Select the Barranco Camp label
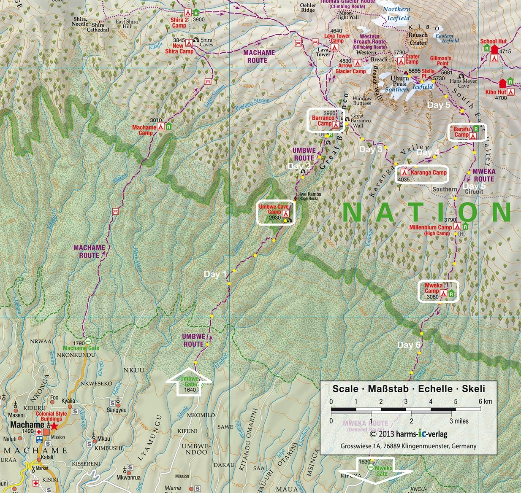323,121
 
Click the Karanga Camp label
428,172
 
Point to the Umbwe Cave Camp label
274,209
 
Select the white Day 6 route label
408,345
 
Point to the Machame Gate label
81,348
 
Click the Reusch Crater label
418,39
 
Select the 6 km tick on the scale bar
480,409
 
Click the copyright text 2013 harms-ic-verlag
408,434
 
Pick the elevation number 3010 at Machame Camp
156,120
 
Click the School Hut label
493,41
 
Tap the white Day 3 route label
370,149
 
